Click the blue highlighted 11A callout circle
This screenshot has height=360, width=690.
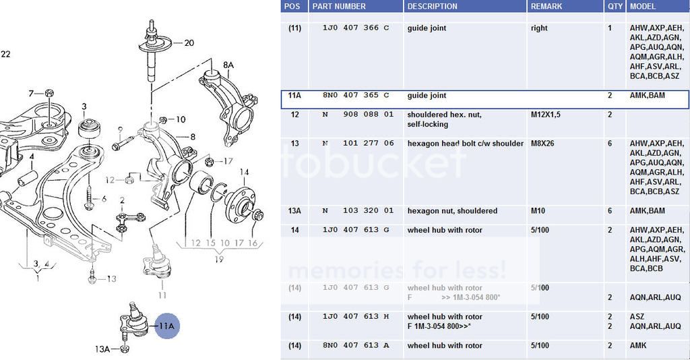(x=166, y=326)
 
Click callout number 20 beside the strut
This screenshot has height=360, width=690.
(x=189, y=43)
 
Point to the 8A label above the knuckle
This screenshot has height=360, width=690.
(x=228, y=65)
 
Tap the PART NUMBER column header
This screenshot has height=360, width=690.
(x=339, y=6)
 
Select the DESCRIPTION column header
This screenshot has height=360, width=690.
(x=432, y=6)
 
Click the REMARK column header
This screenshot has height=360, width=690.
(x=546, y=6)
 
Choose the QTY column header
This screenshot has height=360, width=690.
(x=615, y=6)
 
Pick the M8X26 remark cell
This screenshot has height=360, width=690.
(x=542, y=144)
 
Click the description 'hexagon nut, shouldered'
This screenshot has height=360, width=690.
(x=452, y=211)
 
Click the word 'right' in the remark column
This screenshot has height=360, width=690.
(x=539, y=28)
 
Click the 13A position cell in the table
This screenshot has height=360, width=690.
(x=294, y=211)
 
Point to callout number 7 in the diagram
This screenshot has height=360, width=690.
(x=30, y=92)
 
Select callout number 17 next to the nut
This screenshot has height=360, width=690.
(x=228, y=161)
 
